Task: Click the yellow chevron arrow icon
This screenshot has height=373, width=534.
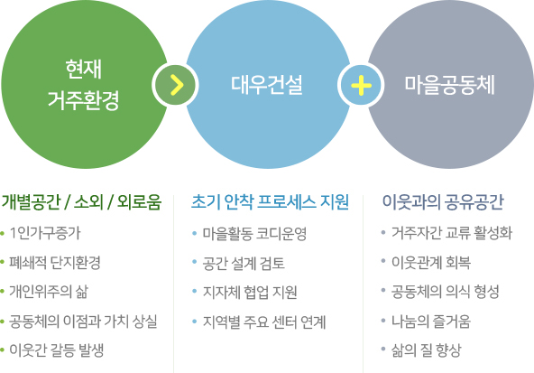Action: pyautogui.click(x=177, y=85)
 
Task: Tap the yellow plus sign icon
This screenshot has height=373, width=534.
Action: pyautogui.click(x=361, y=85)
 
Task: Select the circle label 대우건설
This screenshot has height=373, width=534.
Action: pyautogui.click(x=267, y=85)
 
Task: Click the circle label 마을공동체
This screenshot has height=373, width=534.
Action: pyautogui.click(x=449, y=85)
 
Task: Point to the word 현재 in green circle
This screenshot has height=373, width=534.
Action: pyautogui.click(x=83, y=69)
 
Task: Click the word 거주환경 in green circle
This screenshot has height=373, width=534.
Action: pyautogui.click(x=83, y=100)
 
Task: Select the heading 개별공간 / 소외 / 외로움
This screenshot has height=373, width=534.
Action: pyautogui.click(x=81, y=201)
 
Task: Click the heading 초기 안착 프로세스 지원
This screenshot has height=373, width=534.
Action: pyautogui.click(x=270, y=201)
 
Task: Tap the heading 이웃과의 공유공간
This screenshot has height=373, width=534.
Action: pyautogui.click(x=443, y=201)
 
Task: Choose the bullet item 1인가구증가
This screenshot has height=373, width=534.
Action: pyautogui.click(x=45, y=233)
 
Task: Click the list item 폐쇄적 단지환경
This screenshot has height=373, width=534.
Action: pyautogui.click(x=55, y=263)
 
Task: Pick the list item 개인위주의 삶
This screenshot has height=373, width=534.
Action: pyautogui.click(x=49, y=292)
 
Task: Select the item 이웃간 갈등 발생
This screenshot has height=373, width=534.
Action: pyautogui.click(x=57, y=350)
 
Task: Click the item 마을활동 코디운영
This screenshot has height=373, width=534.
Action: pyautogui.click(x=254, y=234)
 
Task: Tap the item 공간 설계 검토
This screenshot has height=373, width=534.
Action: pyautogui.click(x=244, y=263)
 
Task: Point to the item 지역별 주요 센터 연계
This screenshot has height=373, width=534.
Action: pyautogui.click(x=264, y=322)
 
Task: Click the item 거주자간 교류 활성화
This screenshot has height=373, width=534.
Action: pyautogui.click(x=452, y=233)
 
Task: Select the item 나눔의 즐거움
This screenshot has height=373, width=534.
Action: pyautogui.click(x=431, y=322)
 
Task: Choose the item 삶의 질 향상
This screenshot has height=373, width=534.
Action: pyautogui.click(x=426, y=350)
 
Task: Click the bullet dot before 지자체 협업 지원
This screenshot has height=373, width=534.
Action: pyautogui.click(x=195, y=292)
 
